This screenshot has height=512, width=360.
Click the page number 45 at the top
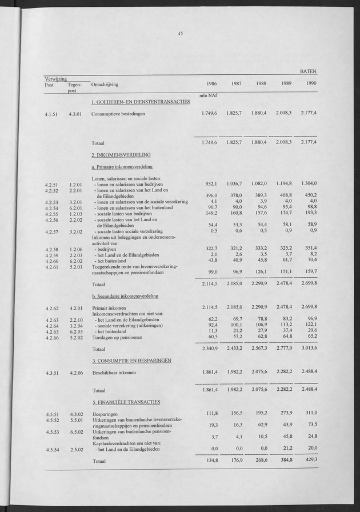click(179, 34)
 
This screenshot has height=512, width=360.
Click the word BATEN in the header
click(309, 72)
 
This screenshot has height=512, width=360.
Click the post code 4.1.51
click(53, 114)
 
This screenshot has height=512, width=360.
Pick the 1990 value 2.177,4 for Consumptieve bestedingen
click(306, 113)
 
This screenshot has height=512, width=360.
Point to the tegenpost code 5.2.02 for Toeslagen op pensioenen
click(76, 338)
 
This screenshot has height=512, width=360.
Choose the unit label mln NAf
click(207, 95)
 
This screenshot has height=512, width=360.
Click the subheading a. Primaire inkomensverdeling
click(125, 167)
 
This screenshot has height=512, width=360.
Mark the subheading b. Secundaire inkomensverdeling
click(125, 296)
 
